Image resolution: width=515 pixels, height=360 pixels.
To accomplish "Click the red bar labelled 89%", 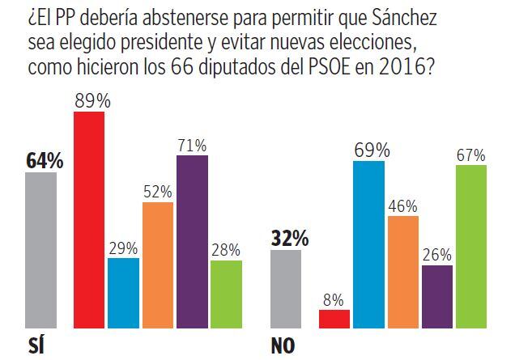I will pos(89,219).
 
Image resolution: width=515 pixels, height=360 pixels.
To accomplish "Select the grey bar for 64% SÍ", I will pos(41,250).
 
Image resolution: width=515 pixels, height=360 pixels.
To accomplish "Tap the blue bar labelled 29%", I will pos(124,293).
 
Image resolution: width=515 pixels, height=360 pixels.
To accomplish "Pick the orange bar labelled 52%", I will pos(158,265).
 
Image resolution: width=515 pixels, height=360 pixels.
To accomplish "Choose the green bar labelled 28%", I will pos(226,294).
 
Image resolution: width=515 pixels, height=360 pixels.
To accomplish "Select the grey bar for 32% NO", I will pos(286,289).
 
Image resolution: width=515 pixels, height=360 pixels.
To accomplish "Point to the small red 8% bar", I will pos(334,319).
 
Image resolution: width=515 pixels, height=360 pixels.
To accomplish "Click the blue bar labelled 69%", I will pos(368,244).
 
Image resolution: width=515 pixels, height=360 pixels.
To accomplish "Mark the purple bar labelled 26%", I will pos(437,296).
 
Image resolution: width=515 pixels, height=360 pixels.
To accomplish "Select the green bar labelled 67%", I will pos(471,246).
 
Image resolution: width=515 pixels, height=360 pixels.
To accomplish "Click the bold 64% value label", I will pos(45,161).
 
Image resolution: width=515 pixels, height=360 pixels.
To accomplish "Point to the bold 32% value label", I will pos(289,239).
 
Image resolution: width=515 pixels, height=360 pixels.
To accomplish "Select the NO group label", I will pos(283,347).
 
